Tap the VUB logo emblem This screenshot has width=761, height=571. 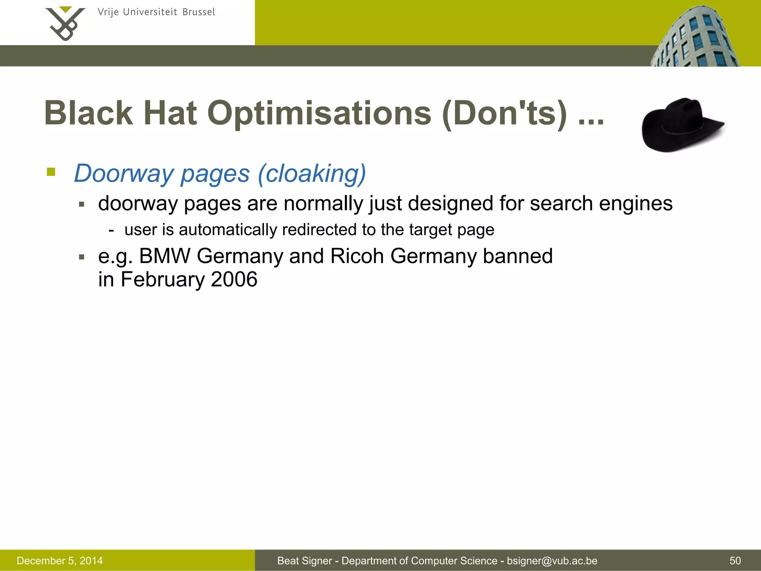pyautogui.click(x=65, y=23)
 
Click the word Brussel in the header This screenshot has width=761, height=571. pyautogui.click(x=199, y=12)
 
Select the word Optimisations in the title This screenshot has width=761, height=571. pyautogui.click(x=319, y=113)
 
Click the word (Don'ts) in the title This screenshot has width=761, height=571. pyautogui.click(x=505, y=113)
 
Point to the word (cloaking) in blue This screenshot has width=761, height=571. pyautogui.click(x=312, y=174)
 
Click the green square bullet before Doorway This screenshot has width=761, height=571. pyautogui.click(x=51, y=172)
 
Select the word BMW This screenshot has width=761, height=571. pyautogui.click(x=164, y=256)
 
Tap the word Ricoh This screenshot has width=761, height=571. pyautogui.click(x=357, y=256)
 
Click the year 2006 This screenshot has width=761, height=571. pyautogui.click(x=234, y=280)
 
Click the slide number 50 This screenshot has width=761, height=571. pyautogui.click(x=735, y=561)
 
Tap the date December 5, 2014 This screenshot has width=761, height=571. pyautogui.click(x=60, y=561)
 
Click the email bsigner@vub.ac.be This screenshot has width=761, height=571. pyautogui.click(x=552, y=561)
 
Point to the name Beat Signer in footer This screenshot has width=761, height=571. pyautogui.click(x=305, y=561)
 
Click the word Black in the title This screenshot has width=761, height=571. pyautogui.click(x=88, y=113)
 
